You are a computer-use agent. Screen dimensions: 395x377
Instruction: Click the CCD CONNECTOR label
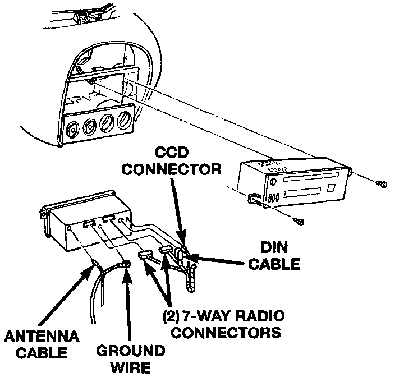pos(172,161)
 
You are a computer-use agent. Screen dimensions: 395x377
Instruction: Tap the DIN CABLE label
pos(274,256)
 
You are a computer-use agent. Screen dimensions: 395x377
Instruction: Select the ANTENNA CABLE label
pos(42,344)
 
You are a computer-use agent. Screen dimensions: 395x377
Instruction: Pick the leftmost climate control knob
pos(72,128)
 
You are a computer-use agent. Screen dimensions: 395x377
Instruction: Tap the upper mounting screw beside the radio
pos(382,184)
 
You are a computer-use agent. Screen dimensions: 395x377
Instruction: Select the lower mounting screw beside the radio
pos(298,222)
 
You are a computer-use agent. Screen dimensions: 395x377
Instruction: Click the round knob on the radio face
pos(273,181)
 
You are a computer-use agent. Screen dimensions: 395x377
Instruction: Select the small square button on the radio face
pos(331,188)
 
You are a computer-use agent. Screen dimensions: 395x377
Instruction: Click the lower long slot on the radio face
pos(302,192)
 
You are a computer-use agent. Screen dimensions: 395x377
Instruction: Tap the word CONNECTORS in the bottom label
pos(226,332)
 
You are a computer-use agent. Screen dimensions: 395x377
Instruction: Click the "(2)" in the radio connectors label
pos(171,316)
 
